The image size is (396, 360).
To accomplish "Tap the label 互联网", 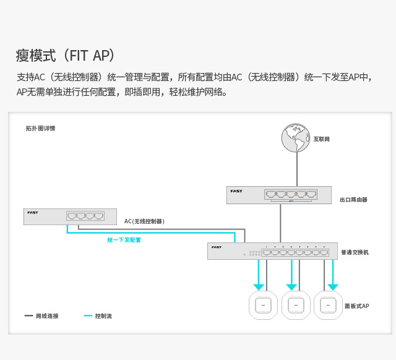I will click(x=321, y=139).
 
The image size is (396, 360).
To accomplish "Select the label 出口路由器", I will click(x=353, y=200).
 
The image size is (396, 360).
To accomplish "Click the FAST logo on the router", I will click(x=236, y=191).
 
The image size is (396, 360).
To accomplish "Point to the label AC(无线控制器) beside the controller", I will click(x=144, y=221).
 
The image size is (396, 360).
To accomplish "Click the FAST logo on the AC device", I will click(x=33, y=212).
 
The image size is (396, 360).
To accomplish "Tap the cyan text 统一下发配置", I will click(x=124, y=239).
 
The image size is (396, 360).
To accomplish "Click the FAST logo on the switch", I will click(x=217, y=247).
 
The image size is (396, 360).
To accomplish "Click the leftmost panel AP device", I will click(x=263, y=305).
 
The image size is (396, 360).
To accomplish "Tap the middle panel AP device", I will click(x=296, y=305).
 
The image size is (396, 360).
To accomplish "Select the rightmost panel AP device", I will click(x=328, y=305).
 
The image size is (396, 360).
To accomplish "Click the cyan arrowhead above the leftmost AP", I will click(x=259, y=287).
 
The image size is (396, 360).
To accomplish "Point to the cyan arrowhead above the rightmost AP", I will click(x=333, y=287).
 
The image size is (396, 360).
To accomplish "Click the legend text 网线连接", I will click(x=47, y=316).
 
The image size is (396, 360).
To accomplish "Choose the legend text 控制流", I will click(x=103, y=316).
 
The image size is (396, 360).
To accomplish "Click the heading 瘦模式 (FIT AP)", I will click(x=66, y=56).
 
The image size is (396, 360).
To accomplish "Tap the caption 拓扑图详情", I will click(x=40, y=129).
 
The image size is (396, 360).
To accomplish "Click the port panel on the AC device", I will click(x=85, y=216).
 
